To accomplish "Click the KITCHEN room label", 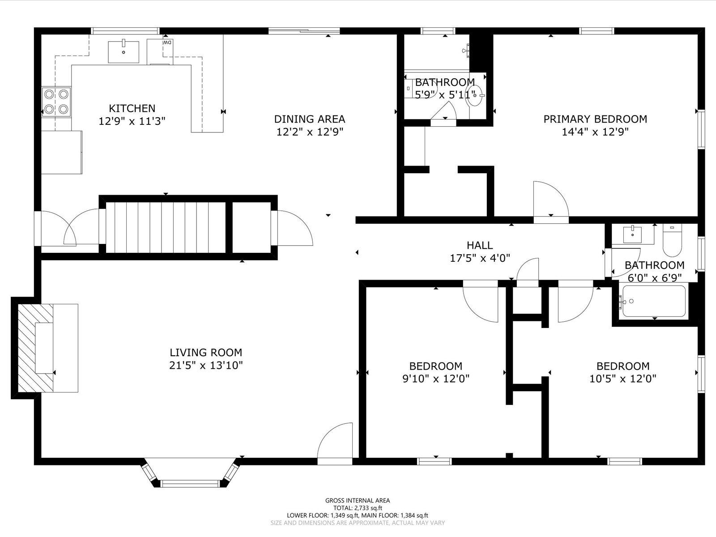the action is (x=132, y=108).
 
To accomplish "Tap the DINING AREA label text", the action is (x=310, y=119).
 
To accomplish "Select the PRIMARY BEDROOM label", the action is (x=595, y=119).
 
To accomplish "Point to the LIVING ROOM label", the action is (x=206, y=353).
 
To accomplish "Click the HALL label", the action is (x=480, y=245).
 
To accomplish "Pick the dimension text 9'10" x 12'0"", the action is (x=436, y=379).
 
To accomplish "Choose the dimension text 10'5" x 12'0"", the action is (x=623, y=379).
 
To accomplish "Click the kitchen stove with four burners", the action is (x=56, y=102).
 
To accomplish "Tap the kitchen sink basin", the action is (x=124, y=51).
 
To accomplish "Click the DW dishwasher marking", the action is (x=168, y=43).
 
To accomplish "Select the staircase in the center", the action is (x=166, y=228).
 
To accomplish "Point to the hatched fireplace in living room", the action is (x=35, y=348).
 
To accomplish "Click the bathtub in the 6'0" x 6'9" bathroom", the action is (x=654, y=301).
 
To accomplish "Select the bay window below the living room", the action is (x=190, y=473).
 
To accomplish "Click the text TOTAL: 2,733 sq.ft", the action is (x=358, y=508).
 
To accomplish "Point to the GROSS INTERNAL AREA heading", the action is (x=358, y=500).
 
